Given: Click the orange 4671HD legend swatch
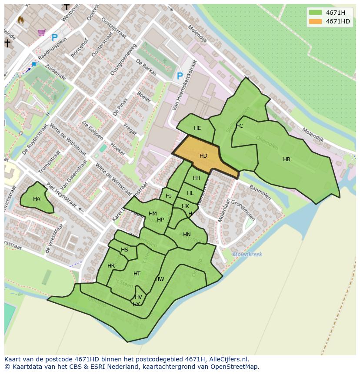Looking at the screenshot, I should coord(316,21).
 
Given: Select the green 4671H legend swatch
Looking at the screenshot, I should coord(316,13).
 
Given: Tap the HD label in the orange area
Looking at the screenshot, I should coord(203,156).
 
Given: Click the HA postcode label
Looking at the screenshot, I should coord(37,199).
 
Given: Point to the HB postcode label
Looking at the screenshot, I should coord(287,159).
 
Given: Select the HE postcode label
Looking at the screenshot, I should coord(197,128).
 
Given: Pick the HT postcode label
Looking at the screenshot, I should coord(137,274).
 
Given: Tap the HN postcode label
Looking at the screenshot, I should coord(187,235).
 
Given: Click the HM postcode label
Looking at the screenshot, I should coord(153,214).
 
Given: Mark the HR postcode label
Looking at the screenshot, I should coord(111,266).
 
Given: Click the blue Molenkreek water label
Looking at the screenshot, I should coord(247,255).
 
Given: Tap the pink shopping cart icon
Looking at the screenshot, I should coord(42,32).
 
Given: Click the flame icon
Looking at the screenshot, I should coord(20,20).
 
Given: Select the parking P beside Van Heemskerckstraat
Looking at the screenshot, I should coord(180,76).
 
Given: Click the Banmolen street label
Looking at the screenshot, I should coord(260,192).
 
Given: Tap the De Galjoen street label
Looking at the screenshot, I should coord(92,130).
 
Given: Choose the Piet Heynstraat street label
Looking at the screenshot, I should coord(62,195).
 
